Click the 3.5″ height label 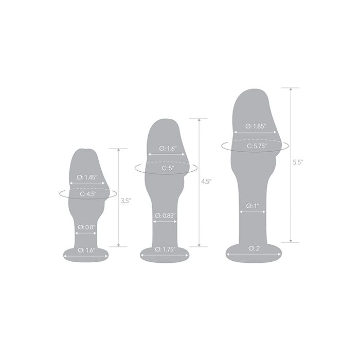[125, 201]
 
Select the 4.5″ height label [206, 182]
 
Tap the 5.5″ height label [298, 163]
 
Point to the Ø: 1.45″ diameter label [87, 177]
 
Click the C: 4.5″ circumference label [88, 194]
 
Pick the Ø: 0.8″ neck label [86, 227]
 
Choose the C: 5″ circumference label [168, 168]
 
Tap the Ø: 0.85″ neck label [165, 215]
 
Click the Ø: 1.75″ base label [165, 249]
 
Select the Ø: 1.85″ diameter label [256, 126]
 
